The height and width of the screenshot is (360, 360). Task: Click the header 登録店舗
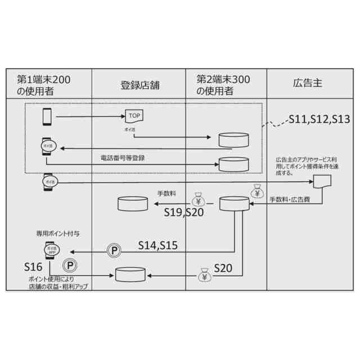click(x=139, y=85)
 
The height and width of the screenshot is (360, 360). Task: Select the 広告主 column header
click(x=308, y=84)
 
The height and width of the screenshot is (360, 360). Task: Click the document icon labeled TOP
click(x=134, y=116)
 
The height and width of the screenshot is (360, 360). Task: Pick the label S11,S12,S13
click(x=319, y=119)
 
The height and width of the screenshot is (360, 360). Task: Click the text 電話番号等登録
click(x=123, y=158)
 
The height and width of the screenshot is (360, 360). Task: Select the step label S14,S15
click(x=159, y=245)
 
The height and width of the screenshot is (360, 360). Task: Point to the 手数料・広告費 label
click(x=290, y=200)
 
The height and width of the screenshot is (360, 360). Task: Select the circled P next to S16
click(x=69, y=265)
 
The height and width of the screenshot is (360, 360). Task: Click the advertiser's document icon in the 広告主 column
click(x=322, y=182)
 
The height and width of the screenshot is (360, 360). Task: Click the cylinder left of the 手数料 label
click(x=132, y=205)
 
